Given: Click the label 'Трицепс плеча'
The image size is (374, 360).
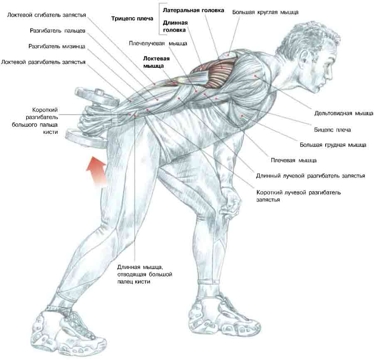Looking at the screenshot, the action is [132, 19].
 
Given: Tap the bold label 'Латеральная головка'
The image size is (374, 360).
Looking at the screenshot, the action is [193, 10].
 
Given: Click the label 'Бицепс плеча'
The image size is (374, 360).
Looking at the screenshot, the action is [332, 130].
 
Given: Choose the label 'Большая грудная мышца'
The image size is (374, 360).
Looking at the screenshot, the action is [333, 145].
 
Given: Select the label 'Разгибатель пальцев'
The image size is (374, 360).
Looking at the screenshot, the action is [57, 31].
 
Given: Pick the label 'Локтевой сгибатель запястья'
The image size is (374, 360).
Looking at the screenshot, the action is [46, 15].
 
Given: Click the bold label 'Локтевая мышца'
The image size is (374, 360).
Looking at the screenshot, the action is [153, 62].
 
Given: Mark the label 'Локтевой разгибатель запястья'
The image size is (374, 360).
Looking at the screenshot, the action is [43, 62].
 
